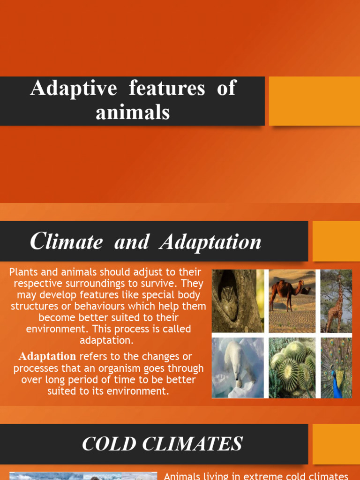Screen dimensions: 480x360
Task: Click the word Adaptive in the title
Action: tap(74, 89)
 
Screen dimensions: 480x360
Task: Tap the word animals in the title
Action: tap(133, 112)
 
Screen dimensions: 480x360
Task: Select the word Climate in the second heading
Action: tap(66, 242)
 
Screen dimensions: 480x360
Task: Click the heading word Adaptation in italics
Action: tap(210, 242)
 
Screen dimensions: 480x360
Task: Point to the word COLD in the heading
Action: tap(107, 443)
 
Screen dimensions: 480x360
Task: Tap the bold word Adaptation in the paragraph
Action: tap(47, 356)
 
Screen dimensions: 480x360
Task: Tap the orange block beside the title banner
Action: tap(314, 101)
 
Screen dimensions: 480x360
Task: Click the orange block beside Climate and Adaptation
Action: tap(336, 241)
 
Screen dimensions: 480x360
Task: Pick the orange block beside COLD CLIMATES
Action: tap(336, 443)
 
